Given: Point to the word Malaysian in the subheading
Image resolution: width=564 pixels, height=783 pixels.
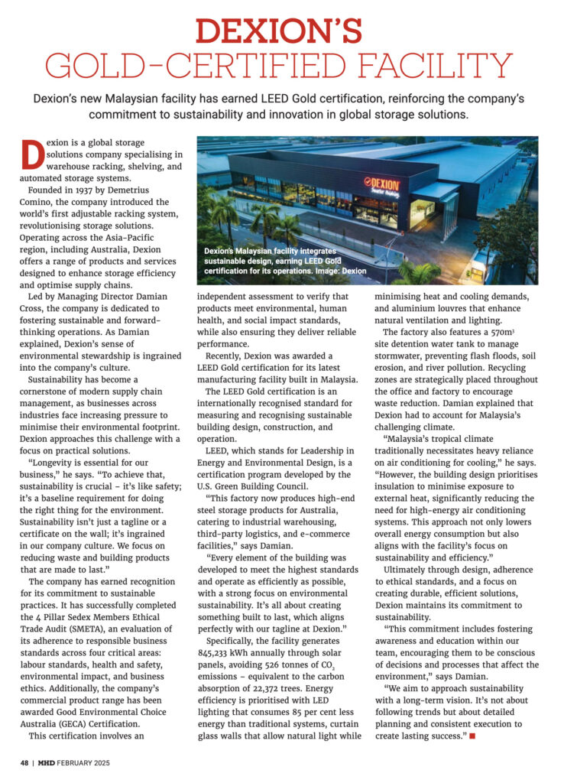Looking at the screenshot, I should (x=167, y=99).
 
